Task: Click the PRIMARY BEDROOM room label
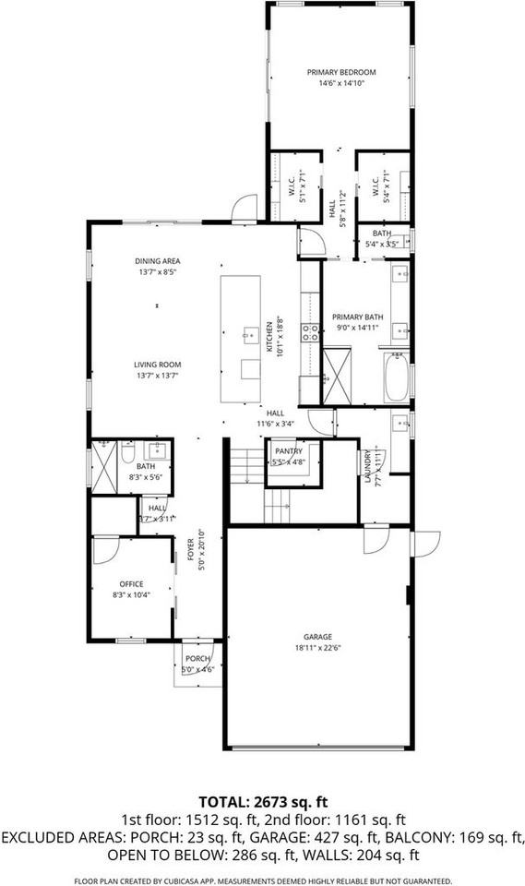pos(341,72)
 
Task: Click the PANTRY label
pos(289,451)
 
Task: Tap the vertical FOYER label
pos(191,549)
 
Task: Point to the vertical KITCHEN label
pos(269,338)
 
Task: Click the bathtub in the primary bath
pos(396,378)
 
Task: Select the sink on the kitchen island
pos(248,333)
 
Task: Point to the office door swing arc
pos(104,550)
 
